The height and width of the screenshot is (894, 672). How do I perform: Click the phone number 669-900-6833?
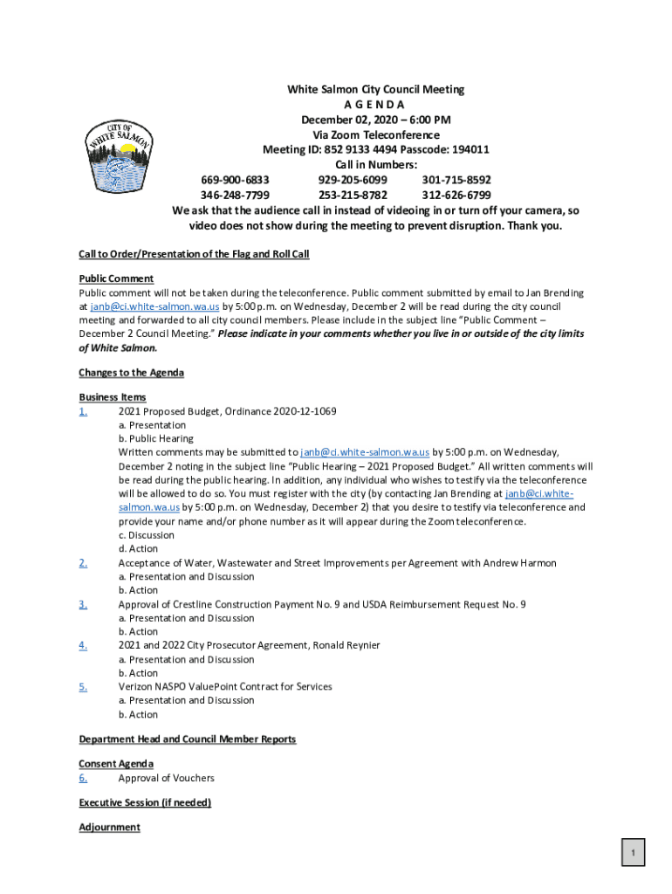pyautogui.click(x=235, y=180)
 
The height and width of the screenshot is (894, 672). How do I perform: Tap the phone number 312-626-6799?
pyautogui.click(x=456, y=195)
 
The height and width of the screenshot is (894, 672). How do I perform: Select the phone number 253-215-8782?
pyautogui.click(x=353, y=195)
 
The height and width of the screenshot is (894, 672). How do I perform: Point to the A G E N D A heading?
pyautogui.click(x=375, y=105)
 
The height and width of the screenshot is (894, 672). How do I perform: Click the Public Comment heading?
pyautogui.click(x=116, y=279)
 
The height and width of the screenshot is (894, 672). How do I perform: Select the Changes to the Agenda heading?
pyautogui.click(x=131, y=373)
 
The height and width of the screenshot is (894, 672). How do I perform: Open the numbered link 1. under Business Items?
pyautogui.click(x=83, y=411)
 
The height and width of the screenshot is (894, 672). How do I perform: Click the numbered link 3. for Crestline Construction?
pyautogui.click(x=83, y=604)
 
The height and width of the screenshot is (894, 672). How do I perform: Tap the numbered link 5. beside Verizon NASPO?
pyautogui.click(x=83, y=687)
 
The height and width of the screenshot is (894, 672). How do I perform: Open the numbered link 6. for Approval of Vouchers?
pyautogui.click(x=83, y=778)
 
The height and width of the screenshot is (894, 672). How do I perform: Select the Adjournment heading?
pyautogui.click(x=109, y=827)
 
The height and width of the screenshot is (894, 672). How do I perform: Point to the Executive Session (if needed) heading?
pyautogui.click(x=145, y=802)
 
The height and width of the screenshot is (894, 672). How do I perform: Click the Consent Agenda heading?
pyautogui.click(x=116, y=764)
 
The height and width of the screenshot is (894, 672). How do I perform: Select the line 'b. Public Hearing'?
pyautogui.click(x=156, y=438)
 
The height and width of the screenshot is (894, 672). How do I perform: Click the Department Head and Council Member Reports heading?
pyautogui.click(x=188, y=739)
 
